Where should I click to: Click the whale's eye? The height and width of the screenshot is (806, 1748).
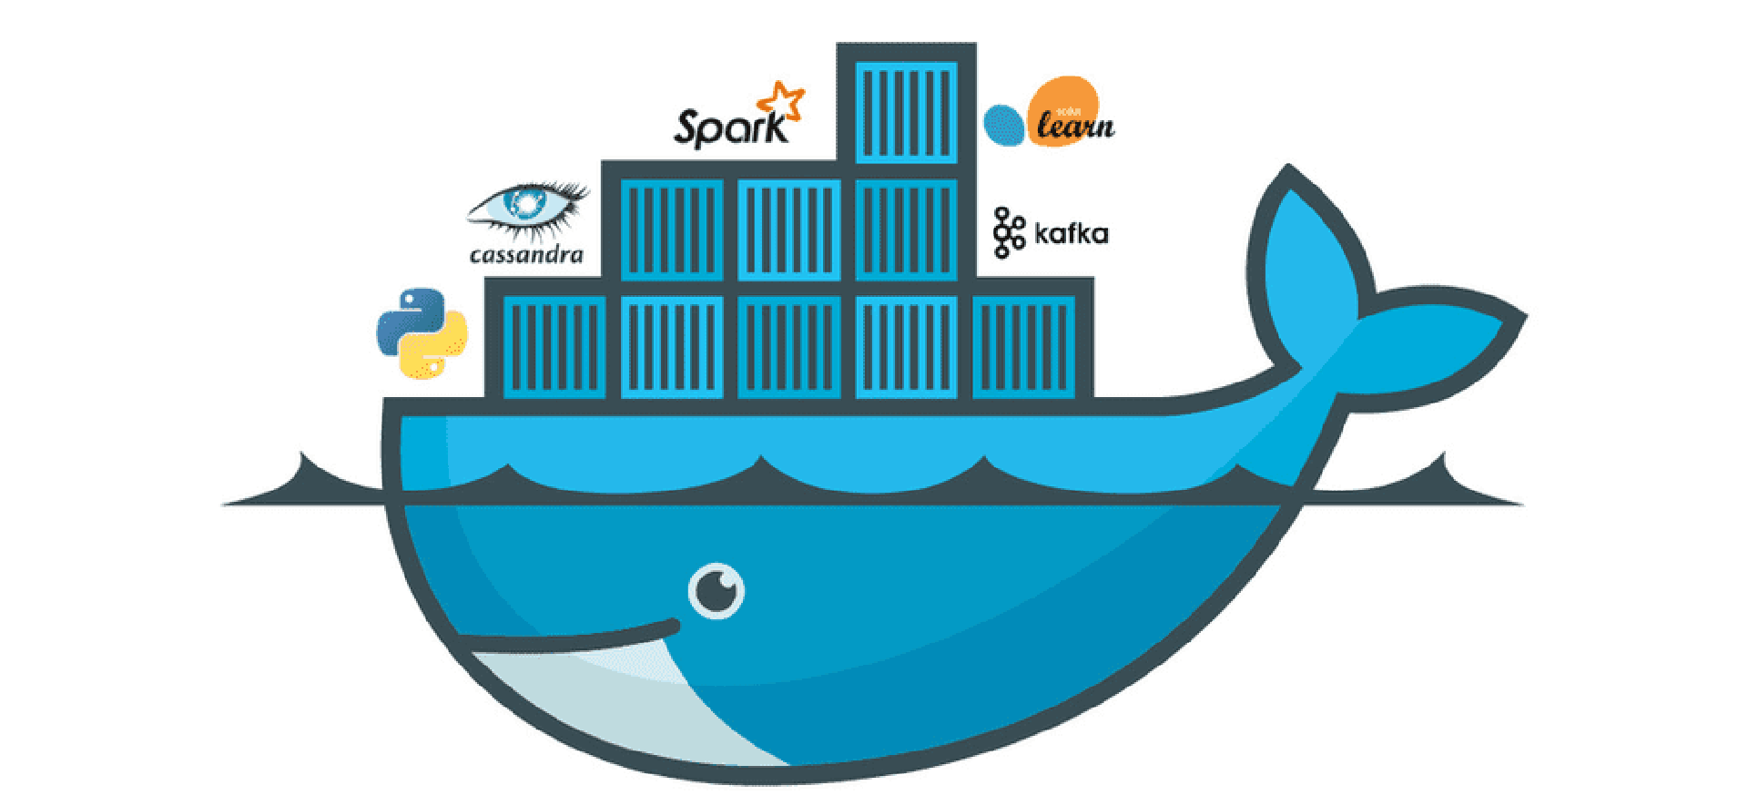pos(716,591)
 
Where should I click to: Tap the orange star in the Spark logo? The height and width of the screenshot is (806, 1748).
pos(784,101)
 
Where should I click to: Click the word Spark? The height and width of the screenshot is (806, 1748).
pos(728,128)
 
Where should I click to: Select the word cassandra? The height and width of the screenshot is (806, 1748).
pos(526,255)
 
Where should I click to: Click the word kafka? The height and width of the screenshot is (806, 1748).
pos(1072,234)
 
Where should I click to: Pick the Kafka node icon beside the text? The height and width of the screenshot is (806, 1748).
pos(1007,232)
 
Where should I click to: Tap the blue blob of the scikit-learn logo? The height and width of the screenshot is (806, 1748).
pos(1004,125)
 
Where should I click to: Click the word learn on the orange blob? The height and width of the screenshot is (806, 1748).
pos(1075,125)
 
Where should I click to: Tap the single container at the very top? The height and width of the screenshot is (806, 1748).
pos(907,113)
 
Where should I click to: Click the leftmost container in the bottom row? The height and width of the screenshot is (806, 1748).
pos(554,347)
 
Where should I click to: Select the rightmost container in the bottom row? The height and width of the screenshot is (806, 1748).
pos(1023,347)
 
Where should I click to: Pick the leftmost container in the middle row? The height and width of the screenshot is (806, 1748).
pos(672,230)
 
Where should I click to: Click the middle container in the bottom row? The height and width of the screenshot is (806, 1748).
pos(788,347)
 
